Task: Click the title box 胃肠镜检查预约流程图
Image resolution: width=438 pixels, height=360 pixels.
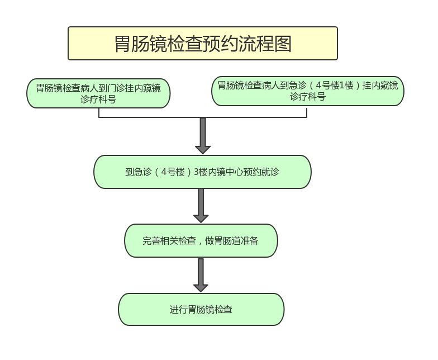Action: coord(202,43)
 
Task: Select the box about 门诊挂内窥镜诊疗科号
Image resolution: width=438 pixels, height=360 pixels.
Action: coord(98,93)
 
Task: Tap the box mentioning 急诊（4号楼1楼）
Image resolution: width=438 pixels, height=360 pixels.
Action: coord(307,91)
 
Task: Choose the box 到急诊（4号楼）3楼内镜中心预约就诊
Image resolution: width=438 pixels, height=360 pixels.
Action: coord(202,172)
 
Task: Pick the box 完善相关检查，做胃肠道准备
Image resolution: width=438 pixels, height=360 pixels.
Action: coord(201,241)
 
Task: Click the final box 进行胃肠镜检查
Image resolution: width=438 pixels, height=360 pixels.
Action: coord(201,309)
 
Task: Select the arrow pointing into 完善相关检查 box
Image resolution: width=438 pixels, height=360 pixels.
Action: coord(201,206)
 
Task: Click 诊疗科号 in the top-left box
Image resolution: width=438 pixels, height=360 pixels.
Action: coord(98,100)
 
